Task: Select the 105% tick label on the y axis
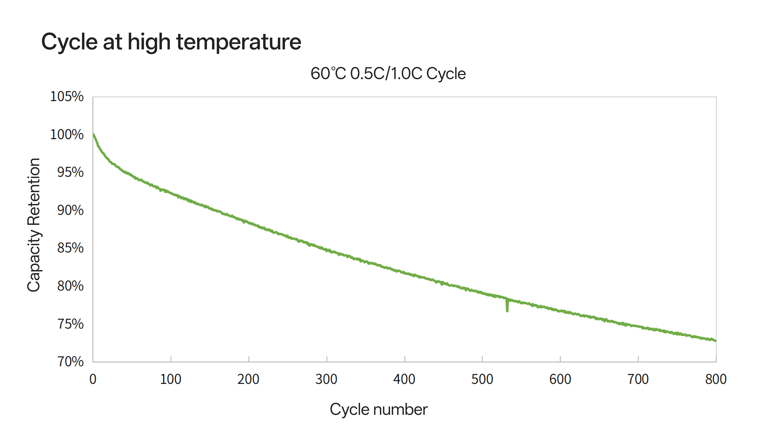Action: coord(67,97)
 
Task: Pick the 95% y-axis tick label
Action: coord(70,172)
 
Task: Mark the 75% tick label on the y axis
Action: coord(70,324)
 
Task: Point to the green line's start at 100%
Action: coord(94,135)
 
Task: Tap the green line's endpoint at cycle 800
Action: coord(716,341)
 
